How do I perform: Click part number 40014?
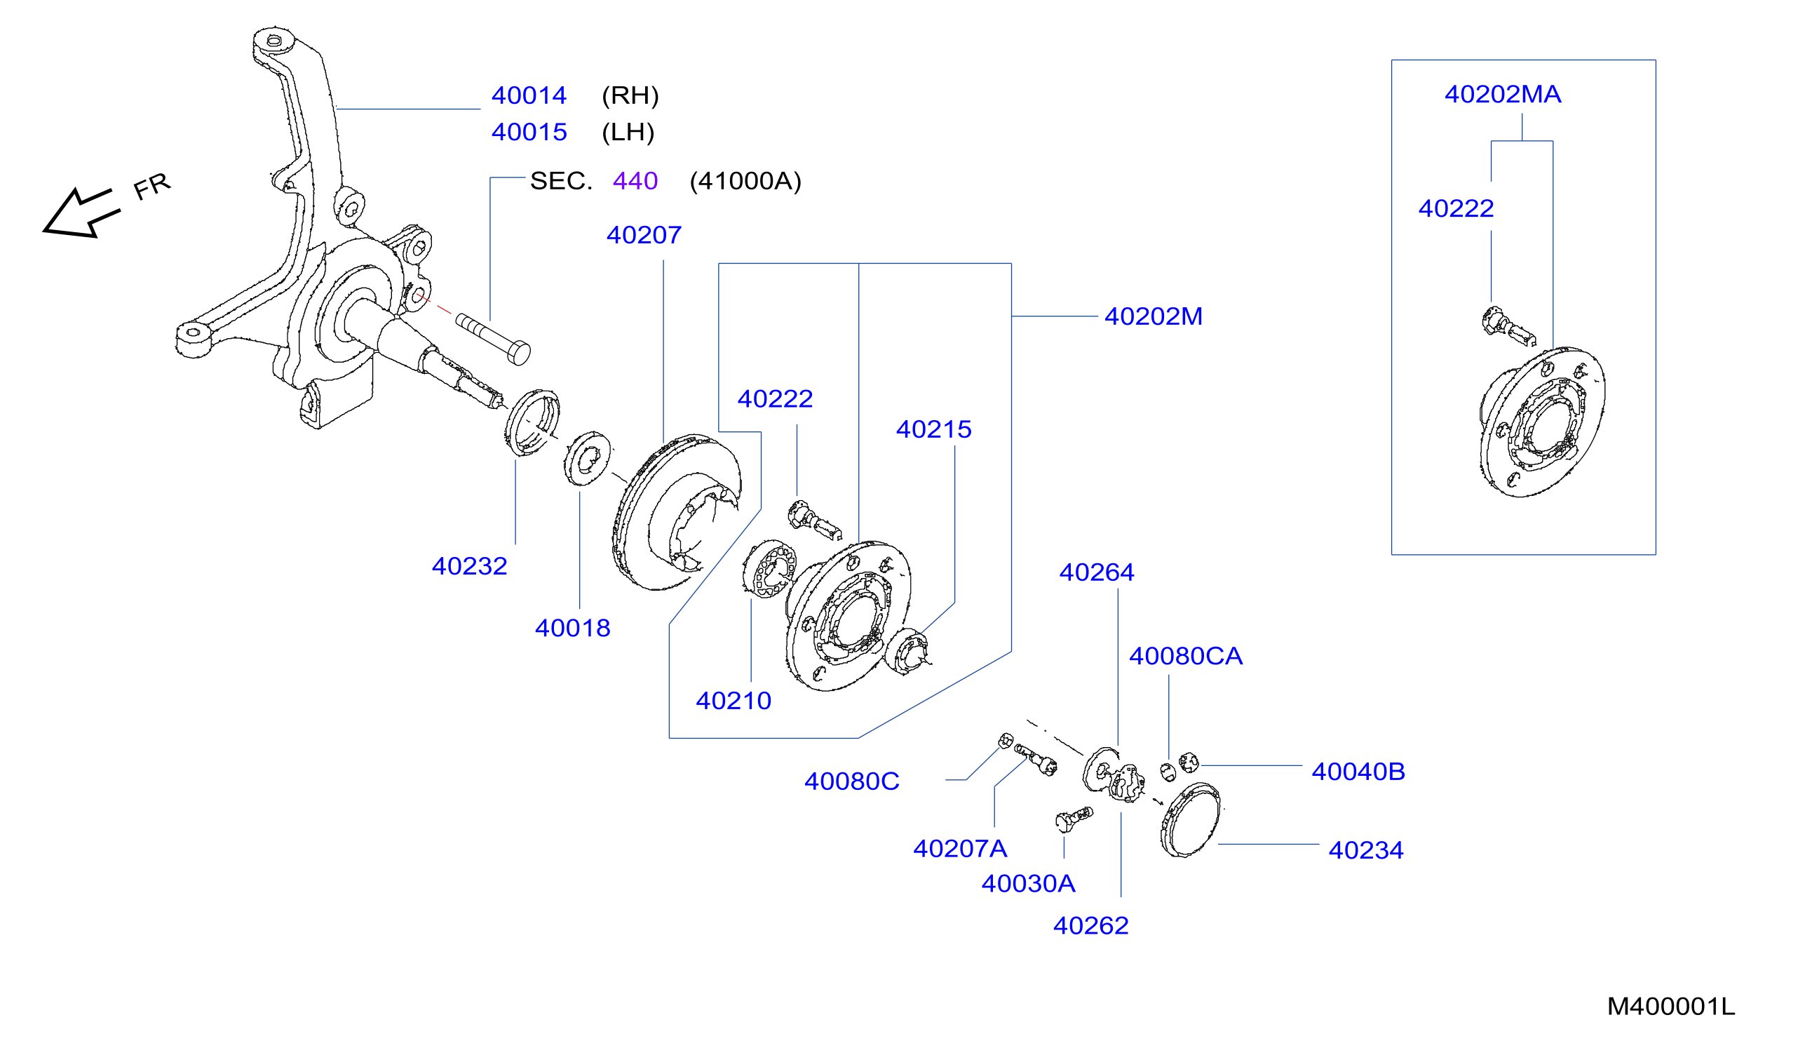[x=529, y=95]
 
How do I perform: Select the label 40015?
[x=529, y=132]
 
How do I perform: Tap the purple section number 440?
[x=635, y=181]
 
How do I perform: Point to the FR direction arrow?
[x=80, y=213]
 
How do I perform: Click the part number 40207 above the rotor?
[x=644, y=234]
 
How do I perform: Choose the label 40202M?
[x=1154, y=316]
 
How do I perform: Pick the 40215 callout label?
[x=933, y=429]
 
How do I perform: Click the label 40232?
[x=469, y=566]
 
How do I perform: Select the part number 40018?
[x=572, y=629]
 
